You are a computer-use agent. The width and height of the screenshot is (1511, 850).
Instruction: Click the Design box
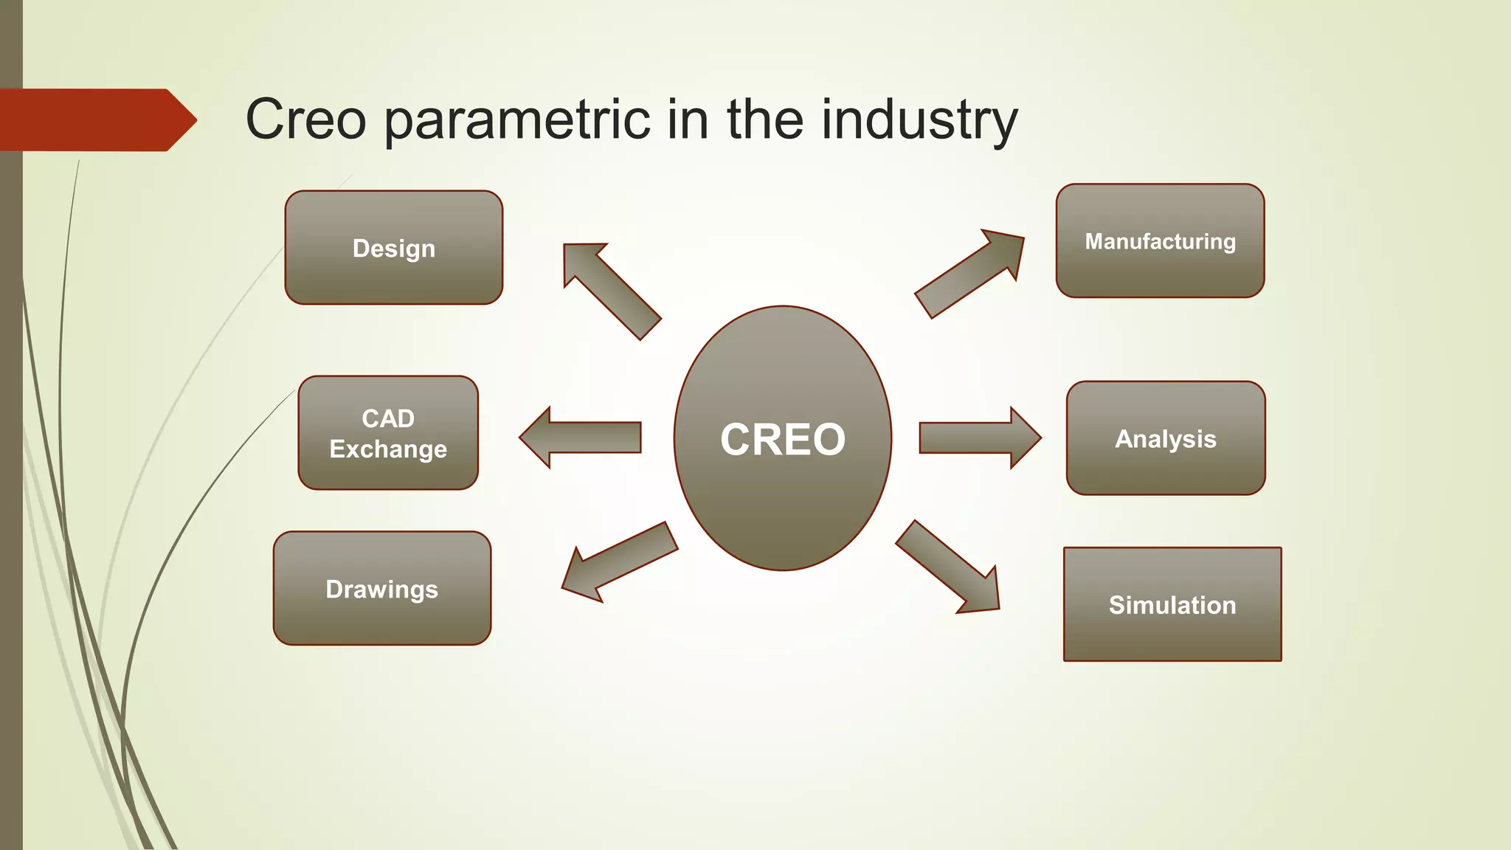tap(393, 248)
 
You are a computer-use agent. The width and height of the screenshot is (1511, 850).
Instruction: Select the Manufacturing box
tap(1160, 241)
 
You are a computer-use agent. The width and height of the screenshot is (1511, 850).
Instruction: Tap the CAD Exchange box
tap(388, 433)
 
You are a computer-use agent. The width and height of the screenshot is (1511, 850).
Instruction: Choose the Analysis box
tap(1166, 438)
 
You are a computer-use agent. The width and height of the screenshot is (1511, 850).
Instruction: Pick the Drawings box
tap(382, 589)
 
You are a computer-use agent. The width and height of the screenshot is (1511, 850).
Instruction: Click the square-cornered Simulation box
tap(1172, 604)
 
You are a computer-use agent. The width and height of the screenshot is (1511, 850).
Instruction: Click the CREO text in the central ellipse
tap(782, 440)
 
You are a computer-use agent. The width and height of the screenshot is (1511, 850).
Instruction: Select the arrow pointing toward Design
tap(609, 289)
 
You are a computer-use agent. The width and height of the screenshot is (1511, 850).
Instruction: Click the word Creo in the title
tap(305, 120)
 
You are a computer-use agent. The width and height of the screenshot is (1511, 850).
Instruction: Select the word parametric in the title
tap(516, 120)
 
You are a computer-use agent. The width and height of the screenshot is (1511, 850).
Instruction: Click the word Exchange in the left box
tap(388, 449)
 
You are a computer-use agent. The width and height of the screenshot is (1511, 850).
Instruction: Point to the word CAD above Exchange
tap(388, 418)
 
